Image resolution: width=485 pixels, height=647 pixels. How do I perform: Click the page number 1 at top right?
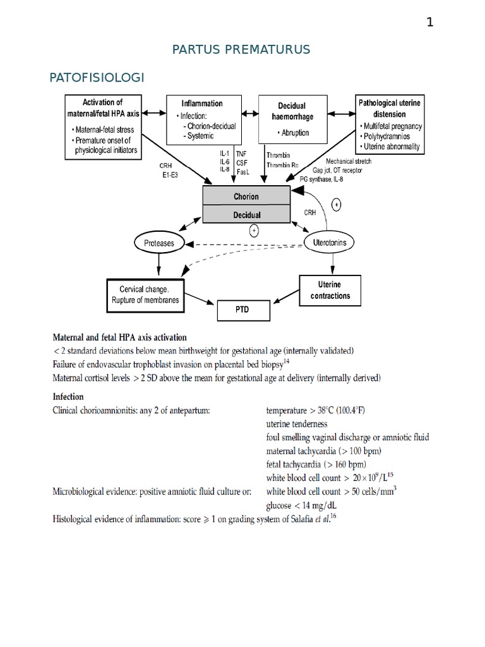[x=430, y=23]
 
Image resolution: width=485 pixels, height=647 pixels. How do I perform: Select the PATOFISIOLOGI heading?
[x=97, y=77]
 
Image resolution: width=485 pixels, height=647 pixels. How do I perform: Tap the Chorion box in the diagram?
[x=246, y=197]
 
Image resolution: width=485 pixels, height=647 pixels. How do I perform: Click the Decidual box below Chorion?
[x=246, y=215]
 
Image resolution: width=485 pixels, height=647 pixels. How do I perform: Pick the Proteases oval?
[x=159, y=243]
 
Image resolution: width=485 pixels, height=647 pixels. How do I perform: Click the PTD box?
[x=243, y=311]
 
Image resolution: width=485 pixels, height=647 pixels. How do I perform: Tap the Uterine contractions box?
[x=329, y=291]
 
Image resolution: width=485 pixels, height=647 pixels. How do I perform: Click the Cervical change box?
[x=145, y=295]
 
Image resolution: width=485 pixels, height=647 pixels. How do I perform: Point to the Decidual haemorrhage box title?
[x=292, y=111]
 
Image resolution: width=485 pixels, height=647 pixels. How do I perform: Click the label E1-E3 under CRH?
[x=170, y=175]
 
